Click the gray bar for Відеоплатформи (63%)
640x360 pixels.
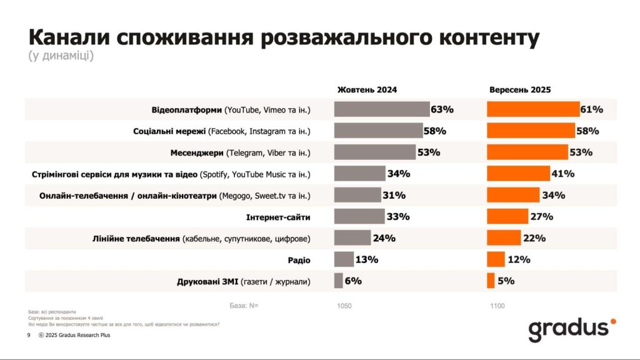381,109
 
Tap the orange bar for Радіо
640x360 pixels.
496,259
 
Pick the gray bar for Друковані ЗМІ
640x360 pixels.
339,281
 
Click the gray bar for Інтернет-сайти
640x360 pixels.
359,216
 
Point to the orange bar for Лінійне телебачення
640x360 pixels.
504,238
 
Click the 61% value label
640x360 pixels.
591,109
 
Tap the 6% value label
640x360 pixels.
353,281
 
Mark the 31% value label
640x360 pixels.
394,195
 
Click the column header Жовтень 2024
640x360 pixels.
367,89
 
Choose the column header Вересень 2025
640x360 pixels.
520,89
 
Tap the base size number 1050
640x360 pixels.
344,306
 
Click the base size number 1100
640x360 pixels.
497,306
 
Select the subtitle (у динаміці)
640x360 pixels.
61,56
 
